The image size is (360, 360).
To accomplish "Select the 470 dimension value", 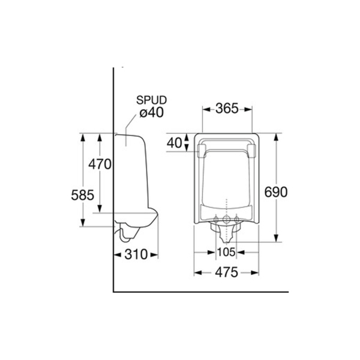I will click(100, 164).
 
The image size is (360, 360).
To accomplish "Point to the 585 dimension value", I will click(83, 194).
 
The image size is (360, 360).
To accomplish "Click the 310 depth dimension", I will click(136, 254).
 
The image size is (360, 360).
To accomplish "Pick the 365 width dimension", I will click(227, 109).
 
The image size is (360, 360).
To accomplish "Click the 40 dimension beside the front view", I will click(175, 143).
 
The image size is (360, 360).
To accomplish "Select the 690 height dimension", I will click(277, 192).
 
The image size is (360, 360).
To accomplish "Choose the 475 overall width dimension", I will click(226, 272).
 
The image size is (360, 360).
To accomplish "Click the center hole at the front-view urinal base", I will click(226, 217).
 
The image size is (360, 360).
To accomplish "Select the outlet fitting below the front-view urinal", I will click(226, 230).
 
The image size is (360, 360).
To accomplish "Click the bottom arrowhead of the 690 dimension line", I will click(276, 239).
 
